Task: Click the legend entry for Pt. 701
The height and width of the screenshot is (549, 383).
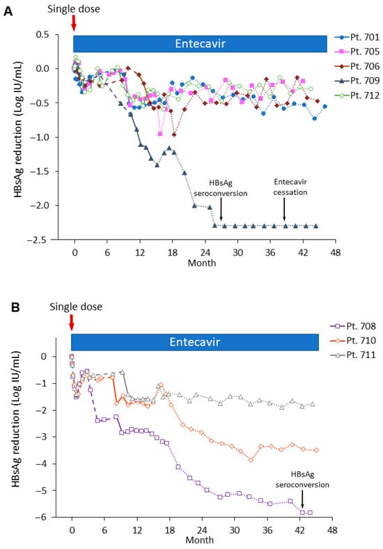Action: click(357, 37)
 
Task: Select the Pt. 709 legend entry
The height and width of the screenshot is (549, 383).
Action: click(357, 81)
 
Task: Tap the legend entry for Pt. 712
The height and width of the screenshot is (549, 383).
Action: click(357, 95)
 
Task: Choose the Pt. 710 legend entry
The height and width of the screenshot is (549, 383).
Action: click(353, 341)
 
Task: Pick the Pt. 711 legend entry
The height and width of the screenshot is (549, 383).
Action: click(353, 355)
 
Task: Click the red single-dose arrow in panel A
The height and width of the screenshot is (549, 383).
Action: click(74, 24)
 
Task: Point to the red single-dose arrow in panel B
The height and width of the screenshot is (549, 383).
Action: click(72, 323)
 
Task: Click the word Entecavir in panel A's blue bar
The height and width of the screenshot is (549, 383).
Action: click(201, 44)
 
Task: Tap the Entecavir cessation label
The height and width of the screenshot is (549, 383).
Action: click(290, 187)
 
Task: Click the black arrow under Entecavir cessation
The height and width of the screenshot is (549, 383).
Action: click(284, 209)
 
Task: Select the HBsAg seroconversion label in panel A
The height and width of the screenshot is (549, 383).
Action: click(221, 188)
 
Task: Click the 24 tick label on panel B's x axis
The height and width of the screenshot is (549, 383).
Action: click(202, 530)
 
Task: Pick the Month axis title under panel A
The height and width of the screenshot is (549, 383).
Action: click(202, 263)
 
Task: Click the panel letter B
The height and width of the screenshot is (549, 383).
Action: click(15, 307)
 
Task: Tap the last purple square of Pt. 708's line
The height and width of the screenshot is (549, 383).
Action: click(310, 513)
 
